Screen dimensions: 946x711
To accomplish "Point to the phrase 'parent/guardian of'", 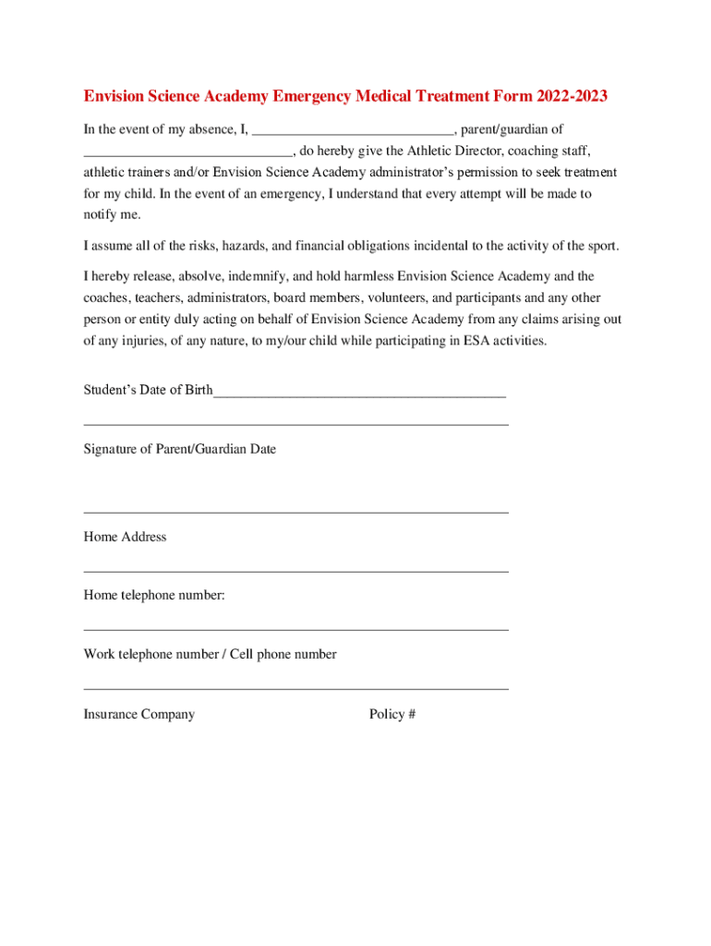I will (x=512, y=130).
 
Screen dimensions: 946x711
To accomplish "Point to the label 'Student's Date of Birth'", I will (x=148, y=390).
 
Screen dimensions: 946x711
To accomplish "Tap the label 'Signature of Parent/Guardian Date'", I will (x=180, y=449).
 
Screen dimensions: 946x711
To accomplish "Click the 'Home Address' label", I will (x=125, y=537).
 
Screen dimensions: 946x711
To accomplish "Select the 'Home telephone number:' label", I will (x=154, y=596).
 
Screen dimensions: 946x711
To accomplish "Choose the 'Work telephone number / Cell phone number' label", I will (x=210, y=654).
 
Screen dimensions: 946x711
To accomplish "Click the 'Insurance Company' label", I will (x=139, y=714).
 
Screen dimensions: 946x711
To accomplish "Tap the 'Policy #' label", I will (x=392, y=714).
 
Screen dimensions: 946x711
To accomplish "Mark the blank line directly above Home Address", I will (x=295, y=512).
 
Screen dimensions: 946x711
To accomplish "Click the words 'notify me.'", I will (x=113, y=214).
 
